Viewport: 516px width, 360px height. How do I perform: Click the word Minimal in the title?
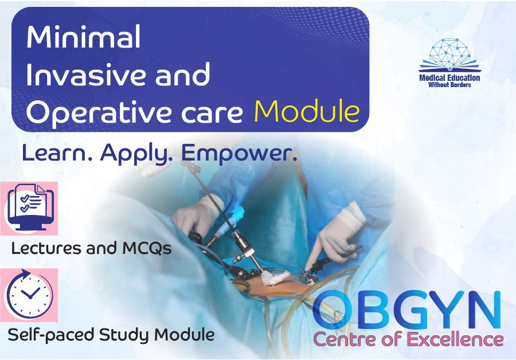point(83,38)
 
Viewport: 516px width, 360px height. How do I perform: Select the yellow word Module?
point(307,112)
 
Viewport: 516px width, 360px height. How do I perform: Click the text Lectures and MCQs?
point(91,249)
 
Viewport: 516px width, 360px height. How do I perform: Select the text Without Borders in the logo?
point(449,85)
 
